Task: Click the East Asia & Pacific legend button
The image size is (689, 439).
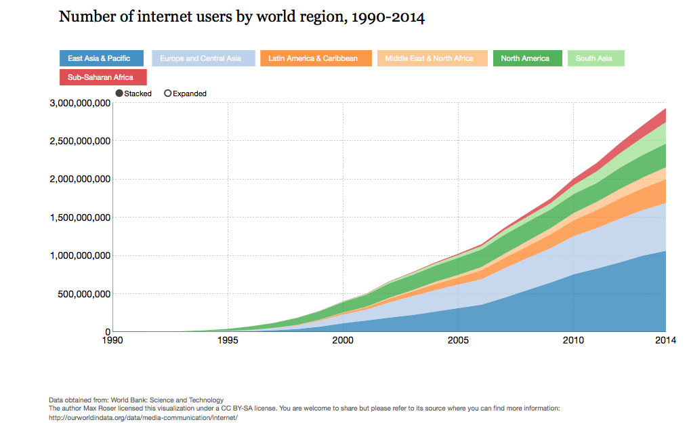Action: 101,58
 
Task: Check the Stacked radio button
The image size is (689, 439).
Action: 120,93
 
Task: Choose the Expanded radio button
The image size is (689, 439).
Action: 168,93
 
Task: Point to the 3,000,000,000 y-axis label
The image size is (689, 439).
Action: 80,104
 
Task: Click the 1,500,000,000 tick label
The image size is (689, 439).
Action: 80,217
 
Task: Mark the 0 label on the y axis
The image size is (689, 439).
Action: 107,332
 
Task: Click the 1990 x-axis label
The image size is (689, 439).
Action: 113,341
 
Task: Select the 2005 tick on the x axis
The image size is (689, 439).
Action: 459,341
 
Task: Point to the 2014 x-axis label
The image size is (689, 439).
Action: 665,341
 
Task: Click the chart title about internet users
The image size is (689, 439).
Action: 242,17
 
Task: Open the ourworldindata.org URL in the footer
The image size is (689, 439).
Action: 143,418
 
